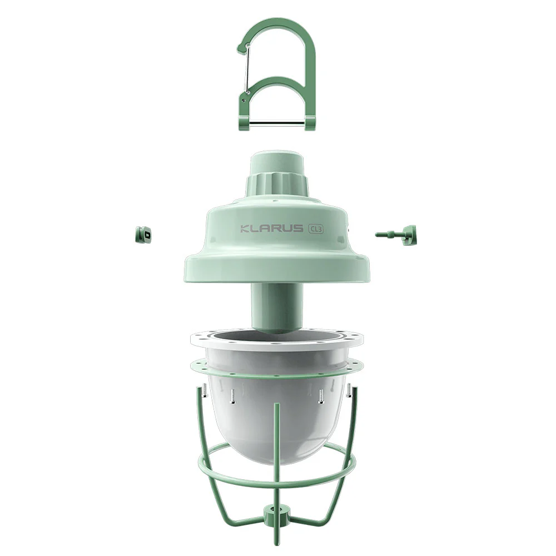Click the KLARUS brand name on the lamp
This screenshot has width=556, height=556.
271,229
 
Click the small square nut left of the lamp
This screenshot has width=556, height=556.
143,236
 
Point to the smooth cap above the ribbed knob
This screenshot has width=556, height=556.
276,161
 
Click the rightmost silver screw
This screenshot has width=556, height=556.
349,391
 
